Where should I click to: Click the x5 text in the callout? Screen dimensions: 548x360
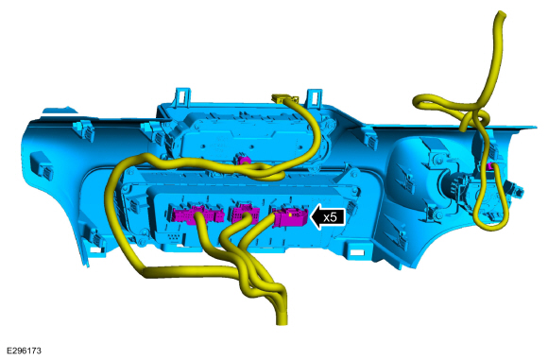coord(330,217)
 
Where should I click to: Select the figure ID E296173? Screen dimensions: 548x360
coord(24,351)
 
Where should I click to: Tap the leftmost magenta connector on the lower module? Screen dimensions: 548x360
coord(197,214)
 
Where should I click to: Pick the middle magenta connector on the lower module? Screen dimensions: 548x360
coord(245,214)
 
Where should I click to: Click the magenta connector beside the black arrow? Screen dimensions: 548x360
coord(290,217)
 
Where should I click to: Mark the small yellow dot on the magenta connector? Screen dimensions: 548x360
coord(290,214)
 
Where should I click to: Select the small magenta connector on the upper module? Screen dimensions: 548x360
coord(244,160)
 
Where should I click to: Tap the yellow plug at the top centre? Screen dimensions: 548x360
coord(283,99)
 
